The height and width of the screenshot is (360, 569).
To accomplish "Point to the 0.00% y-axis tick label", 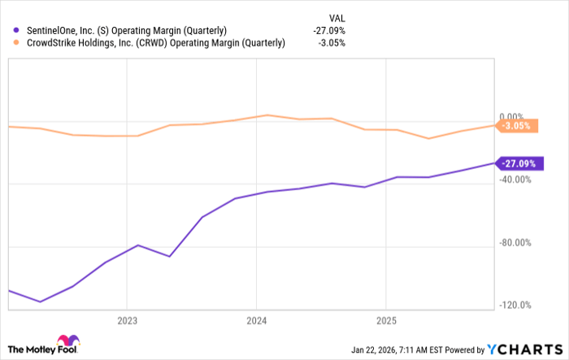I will (517, 117).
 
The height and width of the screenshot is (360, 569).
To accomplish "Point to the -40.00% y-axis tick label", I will (517, 180).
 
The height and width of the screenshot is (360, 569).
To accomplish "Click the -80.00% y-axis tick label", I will (517, 242).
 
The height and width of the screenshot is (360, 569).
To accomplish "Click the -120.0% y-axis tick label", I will (517, 305).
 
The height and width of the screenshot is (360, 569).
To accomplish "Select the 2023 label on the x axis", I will (127, 320).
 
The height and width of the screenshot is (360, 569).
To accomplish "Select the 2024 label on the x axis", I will (256, 320).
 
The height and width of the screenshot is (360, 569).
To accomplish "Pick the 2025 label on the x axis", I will (386, 320).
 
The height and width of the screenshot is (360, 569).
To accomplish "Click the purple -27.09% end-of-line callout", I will (518, 163).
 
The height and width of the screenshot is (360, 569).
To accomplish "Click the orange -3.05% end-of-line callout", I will (518, 126).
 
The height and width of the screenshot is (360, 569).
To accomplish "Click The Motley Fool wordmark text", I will (31, 349).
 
